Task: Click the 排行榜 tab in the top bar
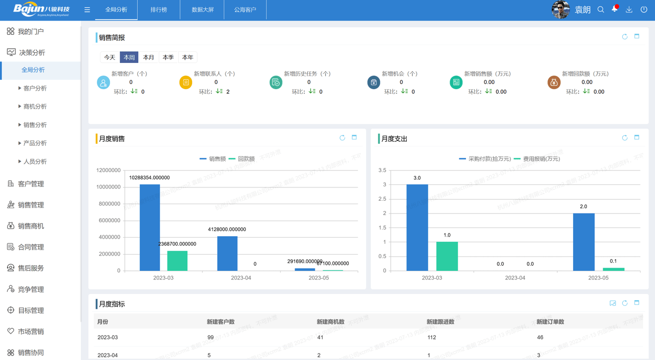tap(159, 10)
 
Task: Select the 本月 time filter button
tap(149, 57)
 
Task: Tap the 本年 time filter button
tap(187, 57)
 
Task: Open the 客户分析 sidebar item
tap(35, 88)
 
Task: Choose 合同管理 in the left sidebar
tap(31, 247)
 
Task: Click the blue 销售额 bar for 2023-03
tap(150, 227)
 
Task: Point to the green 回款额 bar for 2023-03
tap(177, 261)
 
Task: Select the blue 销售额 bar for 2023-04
tap(227, 253)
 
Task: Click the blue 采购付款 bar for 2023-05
tap(584, 242)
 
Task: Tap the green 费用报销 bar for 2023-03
tap(447, 256)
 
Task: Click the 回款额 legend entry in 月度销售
tap(242, 159)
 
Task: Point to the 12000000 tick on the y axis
tap(108, 171)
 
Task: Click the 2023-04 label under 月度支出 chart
tap(515, 278)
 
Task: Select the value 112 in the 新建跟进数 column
tap(431, 337)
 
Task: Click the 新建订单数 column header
tap(550, 322)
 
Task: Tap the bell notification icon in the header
tap(615, 9)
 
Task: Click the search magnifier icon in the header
tap(601, 10)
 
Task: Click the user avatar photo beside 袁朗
tap(561, 10)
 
